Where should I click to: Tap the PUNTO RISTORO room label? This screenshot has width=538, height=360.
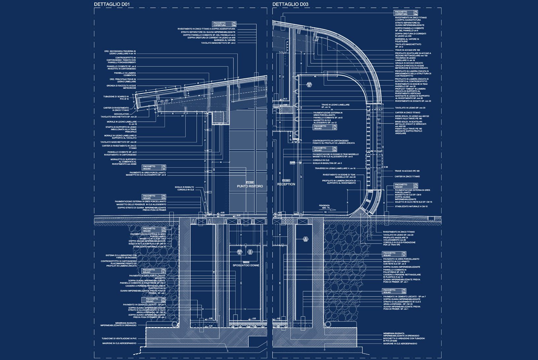pyautogui.click(x=250, y=186)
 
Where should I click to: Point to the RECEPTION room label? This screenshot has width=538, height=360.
pyautogui.click(x=286, y=184)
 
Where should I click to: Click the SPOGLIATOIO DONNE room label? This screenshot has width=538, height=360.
pyautogui.click(x=246, y=265)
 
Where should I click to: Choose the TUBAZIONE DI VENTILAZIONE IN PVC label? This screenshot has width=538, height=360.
pyautogui.click(x=119, y=339)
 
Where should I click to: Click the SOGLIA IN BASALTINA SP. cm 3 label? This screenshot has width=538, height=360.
pyautogui.click(x=327, y=163)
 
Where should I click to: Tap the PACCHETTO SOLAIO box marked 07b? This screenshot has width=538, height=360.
pyautogui.click(x=154, y=197)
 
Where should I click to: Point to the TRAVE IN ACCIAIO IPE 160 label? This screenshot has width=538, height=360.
pyautogui.click(x=407, y=50)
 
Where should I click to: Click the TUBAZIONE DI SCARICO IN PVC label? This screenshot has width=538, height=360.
pyautogui.click(x=119, y=98)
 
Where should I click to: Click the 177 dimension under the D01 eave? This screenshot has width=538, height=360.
pyautogui.click(x=182, y=116)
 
